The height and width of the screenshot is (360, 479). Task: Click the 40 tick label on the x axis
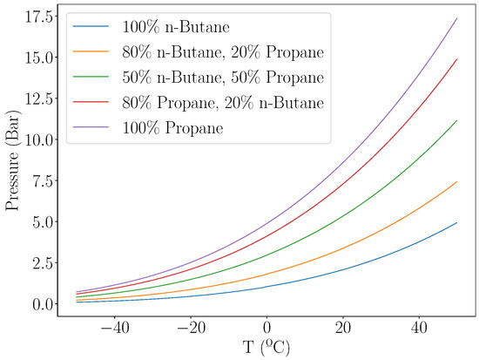pos(419,324)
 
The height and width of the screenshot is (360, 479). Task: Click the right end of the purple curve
pos(456,18)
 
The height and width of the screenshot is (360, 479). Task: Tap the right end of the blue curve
pos(456,222)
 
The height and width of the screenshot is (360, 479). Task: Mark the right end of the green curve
pos(456,120)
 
